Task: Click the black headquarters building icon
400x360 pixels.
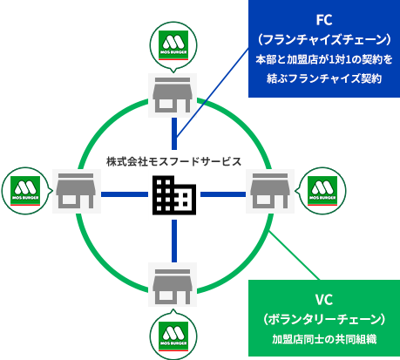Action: [174, 195]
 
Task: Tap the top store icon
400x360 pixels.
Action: [173, 95]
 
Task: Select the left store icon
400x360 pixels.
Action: [77, 191]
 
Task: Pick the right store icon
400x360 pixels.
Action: [270, 191]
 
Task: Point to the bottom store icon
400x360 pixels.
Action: [173, 284]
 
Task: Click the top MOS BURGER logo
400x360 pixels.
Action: [173, 45]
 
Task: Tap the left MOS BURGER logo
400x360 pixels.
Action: [25, 191]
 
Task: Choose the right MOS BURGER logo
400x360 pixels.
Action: [322, 191]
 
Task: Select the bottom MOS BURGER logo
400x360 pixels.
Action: [173, 336]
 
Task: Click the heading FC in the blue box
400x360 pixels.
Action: [324, 20]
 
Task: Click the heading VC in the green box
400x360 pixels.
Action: [324, 300]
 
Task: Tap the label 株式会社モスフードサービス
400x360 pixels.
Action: [174, 161]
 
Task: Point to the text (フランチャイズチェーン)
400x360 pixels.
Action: [324, 40]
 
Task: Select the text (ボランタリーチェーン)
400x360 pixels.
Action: [324, 319]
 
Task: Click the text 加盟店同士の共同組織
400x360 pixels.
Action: [324, 339]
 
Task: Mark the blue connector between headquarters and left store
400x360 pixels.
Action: [125, 194]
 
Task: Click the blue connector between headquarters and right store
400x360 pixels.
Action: [223, 194]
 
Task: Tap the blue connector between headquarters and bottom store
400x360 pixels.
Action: [174, 241]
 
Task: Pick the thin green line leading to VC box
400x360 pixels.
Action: [295, 255]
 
